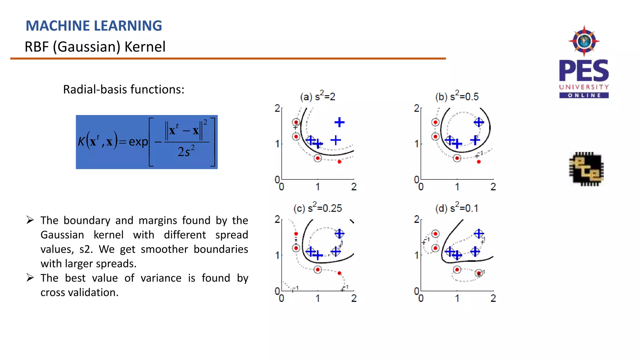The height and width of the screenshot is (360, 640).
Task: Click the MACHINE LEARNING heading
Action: click(x=94, y=26)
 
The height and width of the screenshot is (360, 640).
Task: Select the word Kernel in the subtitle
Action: click(x=145, y=47)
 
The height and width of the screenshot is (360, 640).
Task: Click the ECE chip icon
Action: click(x=586, y=169)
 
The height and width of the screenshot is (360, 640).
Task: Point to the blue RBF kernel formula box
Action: click(x=147, y=142)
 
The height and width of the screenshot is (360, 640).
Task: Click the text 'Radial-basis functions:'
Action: click(x=124, y=89)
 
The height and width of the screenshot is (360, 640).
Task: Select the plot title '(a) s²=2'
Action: click(x=317, y=96)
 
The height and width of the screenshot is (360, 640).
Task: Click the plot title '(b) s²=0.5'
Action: click(x=457, y=96)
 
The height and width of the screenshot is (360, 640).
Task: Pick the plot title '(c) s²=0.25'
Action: click(x=317, y=208)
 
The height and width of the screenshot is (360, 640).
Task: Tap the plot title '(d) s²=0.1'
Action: click(x=457, y=208)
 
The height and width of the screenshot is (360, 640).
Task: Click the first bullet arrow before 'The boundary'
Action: click(x=30, y=220)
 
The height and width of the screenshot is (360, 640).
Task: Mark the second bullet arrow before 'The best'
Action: click(x=30, y=277)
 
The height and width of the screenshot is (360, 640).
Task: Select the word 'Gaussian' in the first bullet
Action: click(x=62, y=235)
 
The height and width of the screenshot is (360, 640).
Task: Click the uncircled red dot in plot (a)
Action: click(x=339, y=162)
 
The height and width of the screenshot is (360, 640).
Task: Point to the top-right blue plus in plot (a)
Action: click(x=339, y=122)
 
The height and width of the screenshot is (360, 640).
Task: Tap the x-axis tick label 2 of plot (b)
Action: click(x=493, y=187)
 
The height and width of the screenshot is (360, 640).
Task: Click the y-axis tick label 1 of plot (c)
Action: click(x=277, y=255)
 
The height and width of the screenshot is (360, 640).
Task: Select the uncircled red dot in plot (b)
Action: click(x=479, y=162)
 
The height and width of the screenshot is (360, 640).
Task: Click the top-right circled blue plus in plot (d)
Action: click(x=479, y=233)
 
